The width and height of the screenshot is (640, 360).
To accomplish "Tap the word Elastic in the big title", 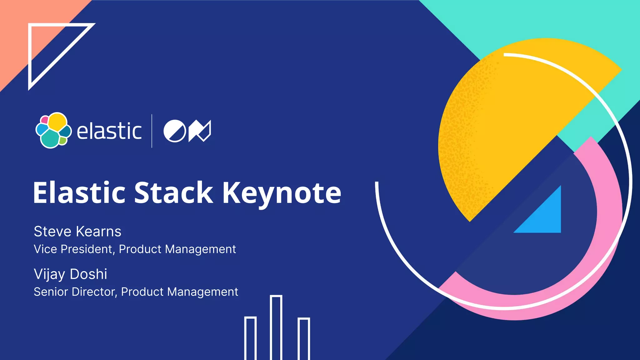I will (x=79, y=193).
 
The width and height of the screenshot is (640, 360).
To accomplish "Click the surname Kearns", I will (x=98, y=232).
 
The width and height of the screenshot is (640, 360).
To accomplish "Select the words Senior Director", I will (x=75, y=292).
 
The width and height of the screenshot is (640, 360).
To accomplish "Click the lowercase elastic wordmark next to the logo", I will (x=109, y=131).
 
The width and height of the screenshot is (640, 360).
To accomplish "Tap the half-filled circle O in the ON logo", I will (x=175, y=131).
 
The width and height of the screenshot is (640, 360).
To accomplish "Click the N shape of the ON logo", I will (x=200, y=131).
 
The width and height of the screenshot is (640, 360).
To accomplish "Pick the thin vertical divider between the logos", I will (x=152, y=131).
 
